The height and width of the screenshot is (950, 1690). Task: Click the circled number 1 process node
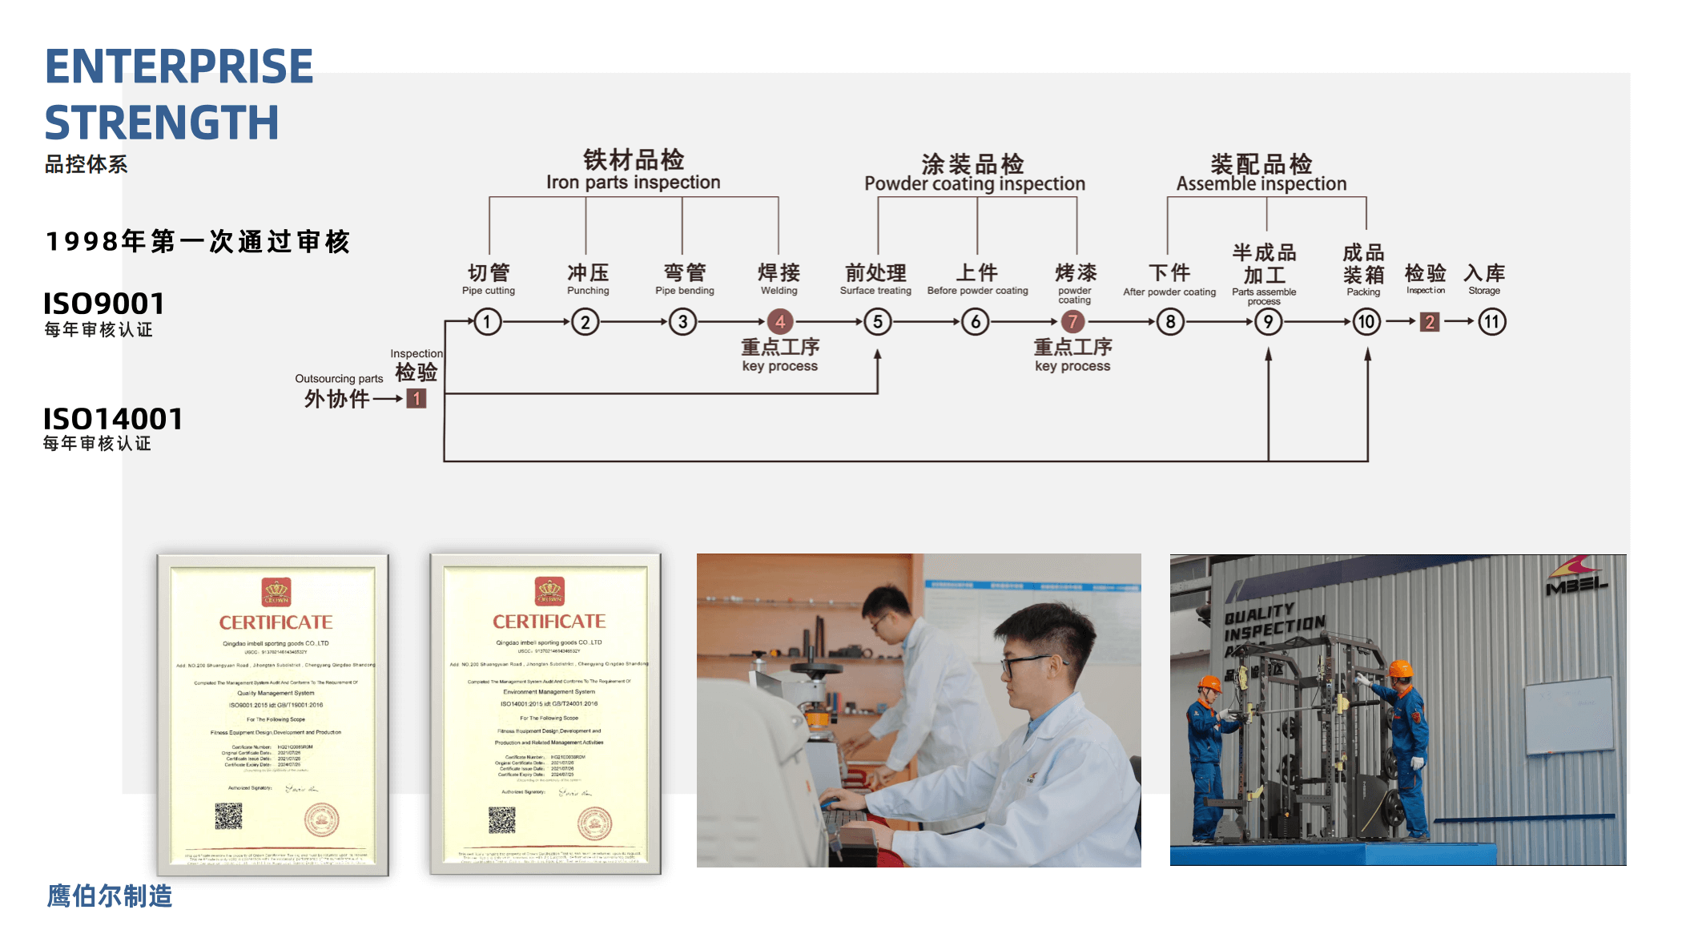[487, 322]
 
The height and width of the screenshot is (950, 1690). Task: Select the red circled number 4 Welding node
[779, 322]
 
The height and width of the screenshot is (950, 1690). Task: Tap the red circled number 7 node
[1072, 322]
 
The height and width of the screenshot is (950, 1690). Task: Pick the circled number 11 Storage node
[1491, 322]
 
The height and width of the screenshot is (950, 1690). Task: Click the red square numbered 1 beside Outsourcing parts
[416, 398]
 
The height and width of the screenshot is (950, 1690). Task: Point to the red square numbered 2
[1430, 322]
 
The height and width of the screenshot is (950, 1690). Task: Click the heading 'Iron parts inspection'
[633, 183]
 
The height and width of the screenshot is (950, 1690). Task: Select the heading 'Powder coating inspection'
[974, 184]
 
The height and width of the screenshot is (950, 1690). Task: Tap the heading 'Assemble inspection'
[1261, 184]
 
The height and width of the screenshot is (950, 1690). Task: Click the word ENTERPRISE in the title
[179, 66]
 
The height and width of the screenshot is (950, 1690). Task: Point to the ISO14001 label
[113, 419]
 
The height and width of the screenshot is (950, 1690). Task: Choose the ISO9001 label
[104, 304]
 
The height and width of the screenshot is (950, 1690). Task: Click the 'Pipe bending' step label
[684, 291]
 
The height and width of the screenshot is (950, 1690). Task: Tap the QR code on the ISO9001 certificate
[228, 816]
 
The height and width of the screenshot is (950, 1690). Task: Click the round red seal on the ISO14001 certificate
[594, 823]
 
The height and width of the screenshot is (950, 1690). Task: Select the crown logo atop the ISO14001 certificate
[549, 591]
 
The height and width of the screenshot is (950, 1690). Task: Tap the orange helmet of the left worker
[1209, 684]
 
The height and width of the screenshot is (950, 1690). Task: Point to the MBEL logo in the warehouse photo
[1575, 580]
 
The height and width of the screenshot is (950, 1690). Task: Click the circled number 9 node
[1268, 322]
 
